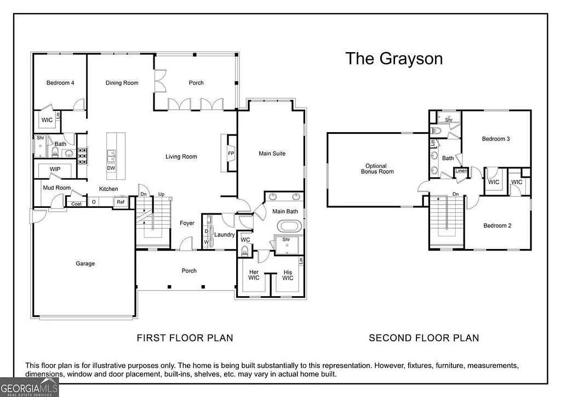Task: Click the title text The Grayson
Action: pyautogui.click(x=393, y=59)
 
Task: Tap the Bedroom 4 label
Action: pyautogui.click(x=60, y=83)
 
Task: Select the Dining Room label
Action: pyautogui.click(x=122, y=83)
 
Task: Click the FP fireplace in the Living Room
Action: pyautogui.click(x=231, y=154)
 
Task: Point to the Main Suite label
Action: pyautogui.click(x=272, y=154)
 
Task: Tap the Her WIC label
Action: pyautogui.click(x=254, y=275)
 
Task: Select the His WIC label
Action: pyautogui.click(x=288, y=275)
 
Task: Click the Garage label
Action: pyautogui.click(x=85, y=264)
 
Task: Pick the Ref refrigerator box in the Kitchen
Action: pyautogui.click(x=120, y=202)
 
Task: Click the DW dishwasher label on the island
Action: pyautogui.click(x=111, y=168)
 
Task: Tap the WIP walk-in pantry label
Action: pyautogui.click(x=55, y=169)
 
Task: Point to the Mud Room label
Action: pyautogui.click(x=56, y=188)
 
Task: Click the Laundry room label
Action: pyautogui.click(x=224, y=235)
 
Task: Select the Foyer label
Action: pyautogui.click(x=187, y=223)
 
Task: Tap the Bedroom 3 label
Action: pyautogui.click(x=496, y=139)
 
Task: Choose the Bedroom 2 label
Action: pyautogui.click(x=497, y=225)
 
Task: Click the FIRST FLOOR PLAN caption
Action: pyautogui.click(x=185, y=338)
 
